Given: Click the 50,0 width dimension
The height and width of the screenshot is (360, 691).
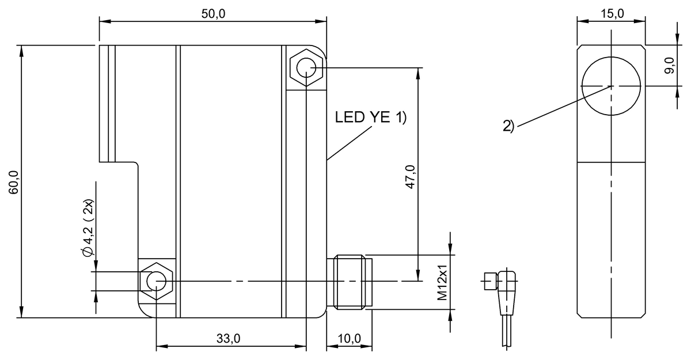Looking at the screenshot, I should pyautogui.click(x=213, y=14).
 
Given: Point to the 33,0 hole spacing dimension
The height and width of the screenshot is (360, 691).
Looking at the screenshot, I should pyautogui.click(x=229, y=339).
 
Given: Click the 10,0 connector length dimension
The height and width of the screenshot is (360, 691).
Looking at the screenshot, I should pyautogui.click(x=350, y=339).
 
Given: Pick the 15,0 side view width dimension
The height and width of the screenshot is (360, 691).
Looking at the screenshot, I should pyautogui.click(x=611, y=14).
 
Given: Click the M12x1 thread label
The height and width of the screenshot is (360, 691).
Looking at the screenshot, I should pyautogui.click(x=442, y=282).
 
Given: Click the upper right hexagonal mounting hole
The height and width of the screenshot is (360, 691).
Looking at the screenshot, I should pyautogui.click(x=306, y=70).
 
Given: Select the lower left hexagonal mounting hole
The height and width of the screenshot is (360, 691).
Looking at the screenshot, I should pyautogui.click(x=156, y=281).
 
